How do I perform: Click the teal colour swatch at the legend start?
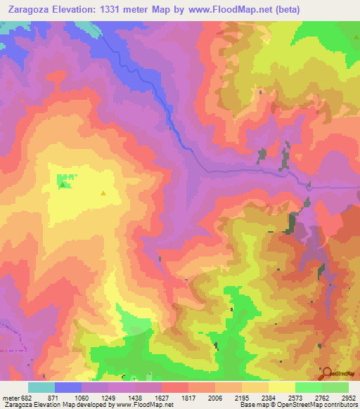pos(41,387)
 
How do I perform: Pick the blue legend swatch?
pos(68,387)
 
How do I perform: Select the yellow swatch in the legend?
pos(281,387)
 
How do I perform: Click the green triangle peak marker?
pos(63,185)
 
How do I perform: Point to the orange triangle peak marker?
pos(104,192)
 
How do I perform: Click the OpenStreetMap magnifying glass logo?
pos(326,372)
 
